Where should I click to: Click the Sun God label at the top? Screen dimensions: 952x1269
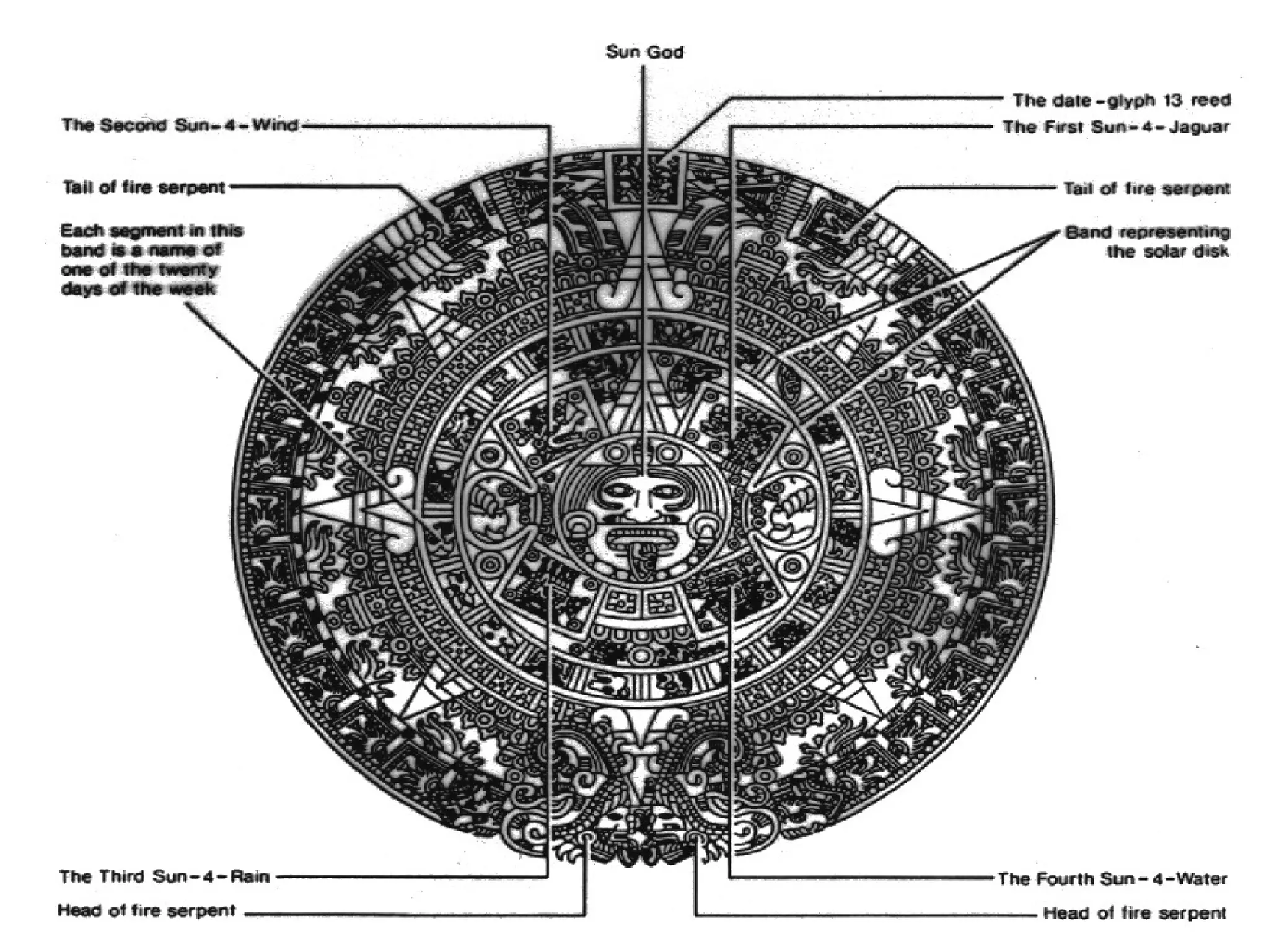pyautogui.click(x=644, y=52)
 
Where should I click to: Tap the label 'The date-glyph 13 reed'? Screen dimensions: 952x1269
pyautogui.click(x=1121, y=100)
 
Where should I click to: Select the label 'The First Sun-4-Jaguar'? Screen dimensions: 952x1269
pyautogui.click(x=1116, y=127)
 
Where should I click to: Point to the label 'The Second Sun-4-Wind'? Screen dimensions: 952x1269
pyautogui.click(x=180, y=125)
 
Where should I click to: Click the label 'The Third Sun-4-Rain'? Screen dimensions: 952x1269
pyautogui.click(x=165, y=877)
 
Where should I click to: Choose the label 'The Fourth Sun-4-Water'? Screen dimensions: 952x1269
pyautogui.click(x=1112, y=879)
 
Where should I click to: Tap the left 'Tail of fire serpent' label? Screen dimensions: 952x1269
pyautogui.click(x=144, y=187)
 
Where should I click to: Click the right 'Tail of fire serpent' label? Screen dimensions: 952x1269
pyautogui.click(x=1146, y=188)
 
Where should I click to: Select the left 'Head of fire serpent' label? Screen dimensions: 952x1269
pyautogui.click(x=146, y=910)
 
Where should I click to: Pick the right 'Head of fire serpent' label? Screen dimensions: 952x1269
pyautogui.click(x=1135, y=913)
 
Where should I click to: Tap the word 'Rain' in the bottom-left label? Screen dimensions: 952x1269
pyautogui.click(x=250, y=877)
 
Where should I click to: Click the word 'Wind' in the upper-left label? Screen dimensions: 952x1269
pyautogui.click(x=275, y=125)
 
